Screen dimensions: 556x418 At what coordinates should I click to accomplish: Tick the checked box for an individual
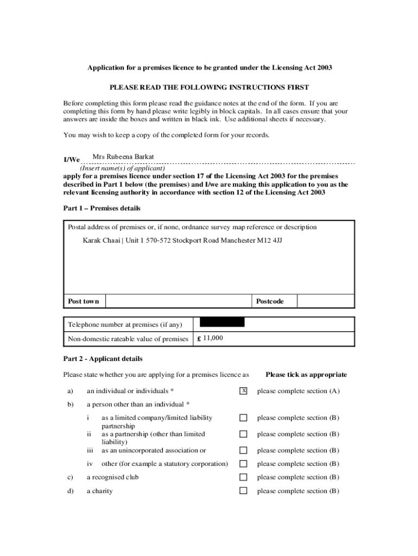tap(243, 391)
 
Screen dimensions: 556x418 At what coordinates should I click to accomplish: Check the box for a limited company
tap(243, 418)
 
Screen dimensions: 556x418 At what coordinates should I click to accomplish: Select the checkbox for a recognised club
tap(243, 477)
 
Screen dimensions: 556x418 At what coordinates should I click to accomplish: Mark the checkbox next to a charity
tap(243, 491)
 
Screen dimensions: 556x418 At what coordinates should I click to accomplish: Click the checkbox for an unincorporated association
tap(243, 450)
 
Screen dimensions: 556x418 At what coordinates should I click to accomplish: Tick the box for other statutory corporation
tap(243, 464)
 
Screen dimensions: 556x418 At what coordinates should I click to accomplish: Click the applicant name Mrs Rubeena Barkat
tap(123, 157)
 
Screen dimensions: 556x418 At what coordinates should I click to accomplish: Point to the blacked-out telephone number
tap(223, 323)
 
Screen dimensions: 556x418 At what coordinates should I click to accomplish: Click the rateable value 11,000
tap(213, 338)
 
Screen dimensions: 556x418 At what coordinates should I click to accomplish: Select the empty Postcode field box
tap(326, 301)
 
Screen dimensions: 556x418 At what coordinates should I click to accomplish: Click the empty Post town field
tap(178, 301)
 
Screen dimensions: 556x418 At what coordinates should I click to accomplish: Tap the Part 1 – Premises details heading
tap(102, 208)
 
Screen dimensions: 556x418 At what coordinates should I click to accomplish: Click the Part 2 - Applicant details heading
tap(103, 359)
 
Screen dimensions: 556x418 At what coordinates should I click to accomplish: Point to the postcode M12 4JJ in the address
tap(269, 239)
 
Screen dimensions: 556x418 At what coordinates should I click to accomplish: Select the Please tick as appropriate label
tap(306, 375)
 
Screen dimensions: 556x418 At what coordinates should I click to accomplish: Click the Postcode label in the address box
tap(270, 301)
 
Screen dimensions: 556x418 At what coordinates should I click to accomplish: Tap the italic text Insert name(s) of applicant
tap(122, 168)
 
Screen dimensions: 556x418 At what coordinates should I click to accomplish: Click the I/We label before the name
tap(72, 160)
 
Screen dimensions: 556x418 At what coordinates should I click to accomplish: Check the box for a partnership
tap(243, 434)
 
